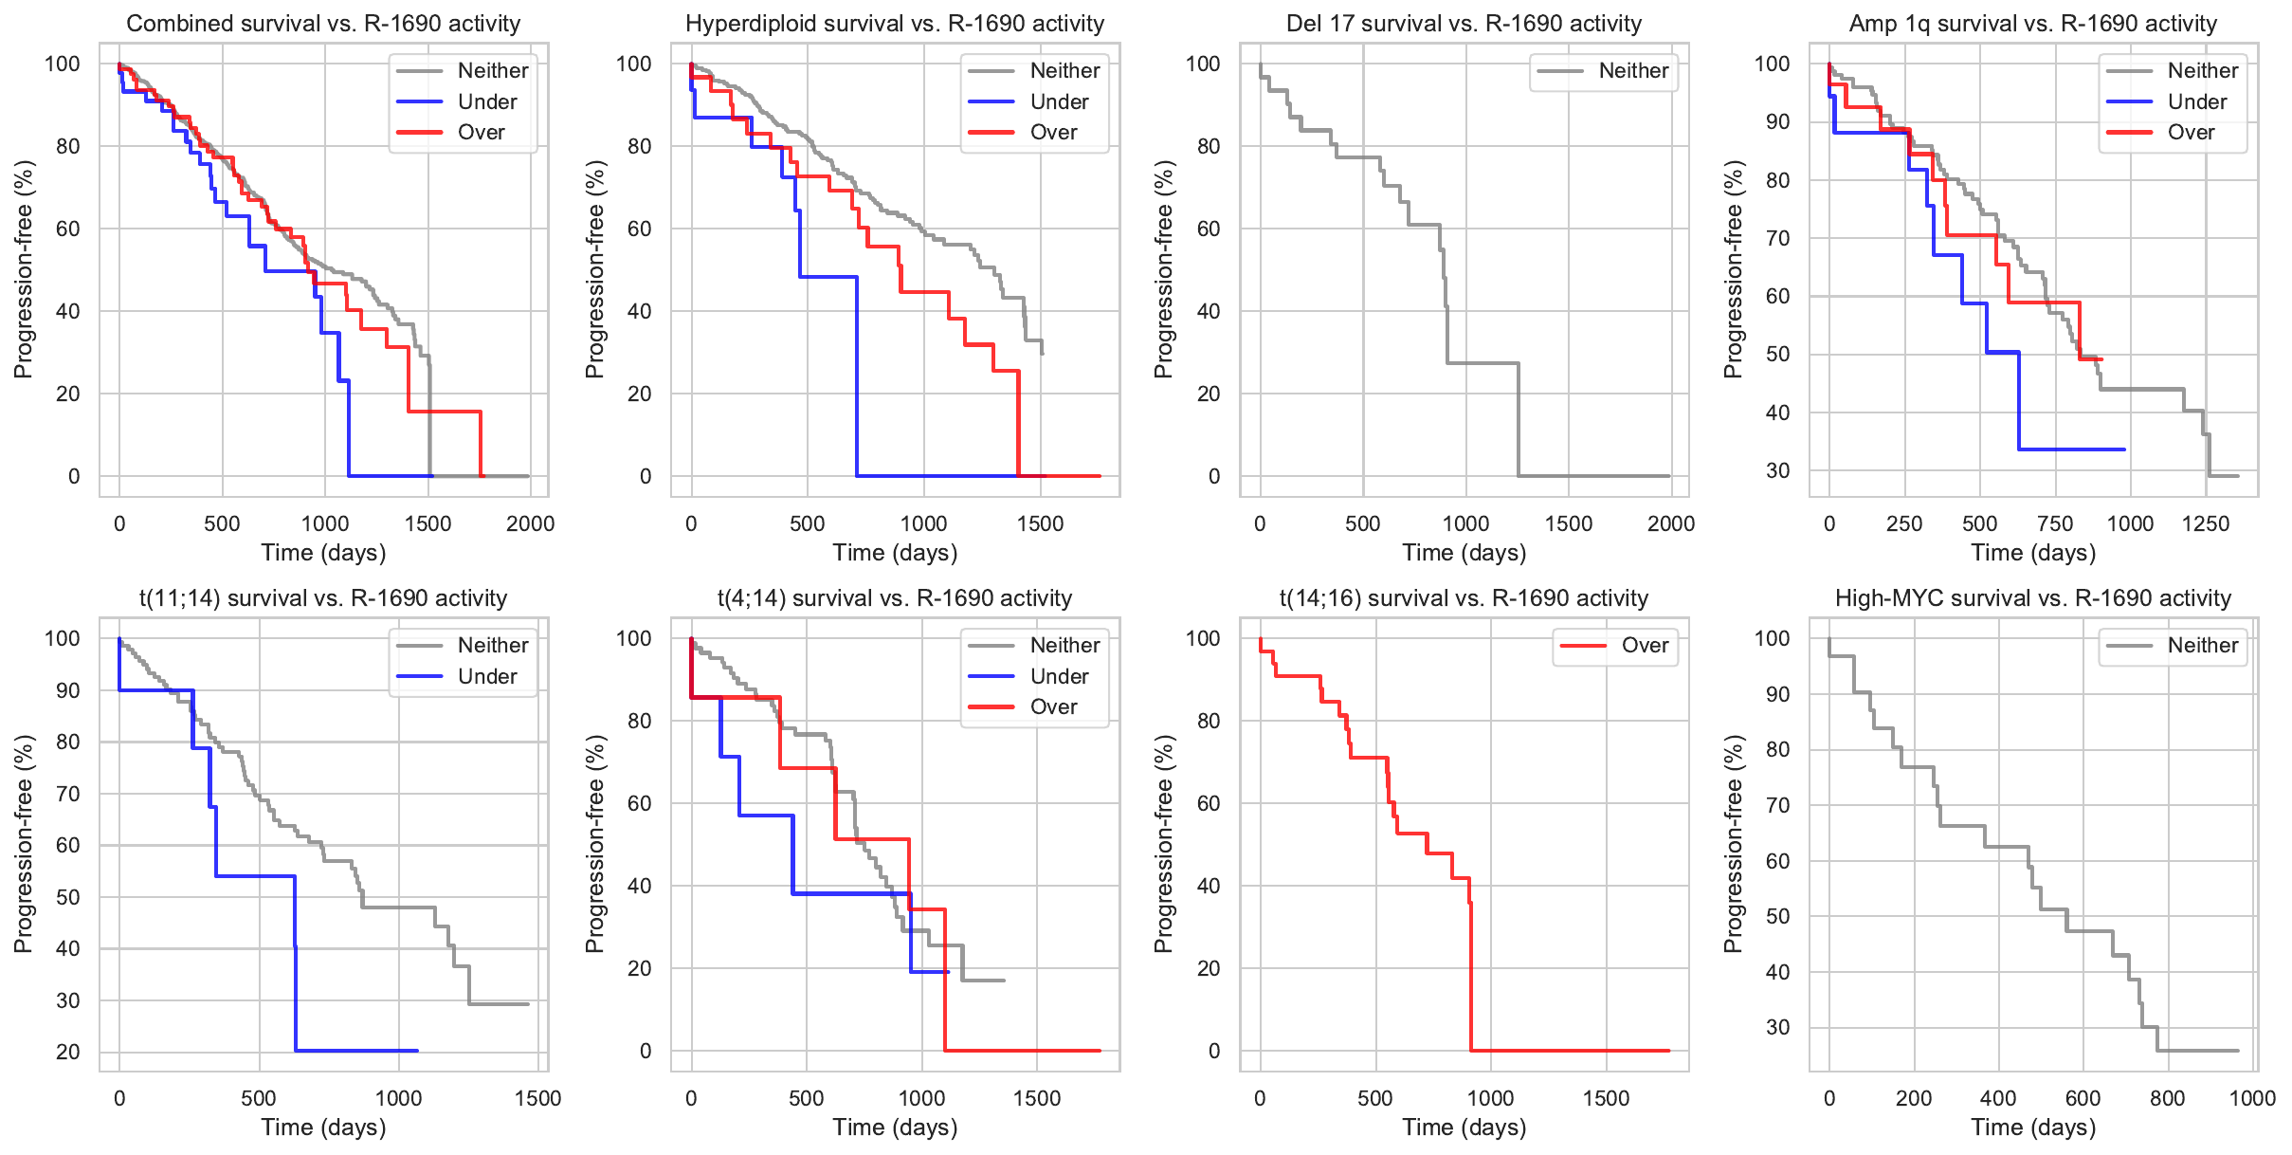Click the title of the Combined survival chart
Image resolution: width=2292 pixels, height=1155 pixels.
pyautogui.click(x=323, y=24)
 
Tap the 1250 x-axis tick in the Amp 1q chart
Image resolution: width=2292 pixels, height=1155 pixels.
pyautogui.click(x=2206, y=524)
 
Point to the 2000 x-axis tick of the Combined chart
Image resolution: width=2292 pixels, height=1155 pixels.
pyautogui.click(x=530, y=524)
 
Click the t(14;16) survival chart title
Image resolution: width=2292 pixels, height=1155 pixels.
pyautogui.click(x=1464, y=598)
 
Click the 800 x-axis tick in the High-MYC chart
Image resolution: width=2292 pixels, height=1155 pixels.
pyautogui.click(x=2168, y=1099)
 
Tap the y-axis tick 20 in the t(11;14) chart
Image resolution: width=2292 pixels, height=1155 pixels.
pyautogui.click(x=68, y=1052)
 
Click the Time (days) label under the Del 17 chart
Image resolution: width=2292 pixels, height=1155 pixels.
pyautogui.click(x=1464, y=553)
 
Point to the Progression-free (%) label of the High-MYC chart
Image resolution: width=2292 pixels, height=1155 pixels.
pyautogui.click(x=1733, y=844)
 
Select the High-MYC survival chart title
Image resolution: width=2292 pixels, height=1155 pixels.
pyautogui.click(x=2033, y=598)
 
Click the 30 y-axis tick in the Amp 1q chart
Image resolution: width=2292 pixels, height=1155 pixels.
pyautogui.click(x=1777, y=471)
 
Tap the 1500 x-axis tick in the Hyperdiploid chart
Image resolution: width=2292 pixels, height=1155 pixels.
pyautogui.click(x=1040, y=524)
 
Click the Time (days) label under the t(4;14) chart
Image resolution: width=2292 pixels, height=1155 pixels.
pyautogui.click(x=895, y=1127)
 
